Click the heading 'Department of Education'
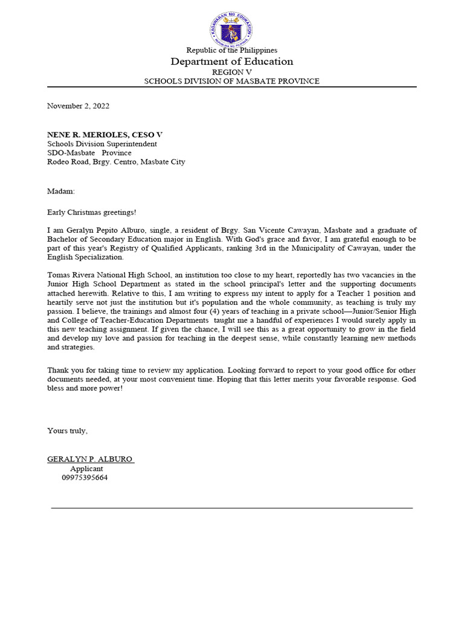tap(232, 62)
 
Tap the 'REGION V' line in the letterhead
tap(232, 72)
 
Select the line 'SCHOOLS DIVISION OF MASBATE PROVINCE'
tap(232, 81)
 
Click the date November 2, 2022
tap(79, 106)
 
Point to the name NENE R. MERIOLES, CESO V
tap(105, 134)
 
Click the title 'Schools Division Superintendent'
tap(102, 144)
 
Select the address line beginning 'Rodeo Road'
tap(116, 162)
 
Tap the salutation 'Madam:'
tap(61, 191)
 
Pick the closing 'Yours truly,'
tap(68, 430)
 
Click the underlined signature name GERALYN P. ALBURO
tap(90, 459)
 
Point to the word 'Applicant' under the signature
tap(86, 468)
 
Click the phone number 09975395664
tap(85, 478)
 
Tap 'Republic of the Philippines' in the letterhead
tap(232, 50)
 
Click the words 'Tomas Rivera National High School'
tap(109, 275)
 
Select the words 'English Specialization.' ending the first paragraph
tap(85, 257)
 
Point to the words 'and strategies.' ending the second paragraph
tap(71, 348)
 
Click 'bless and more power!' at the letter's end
tap(85, 387)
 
